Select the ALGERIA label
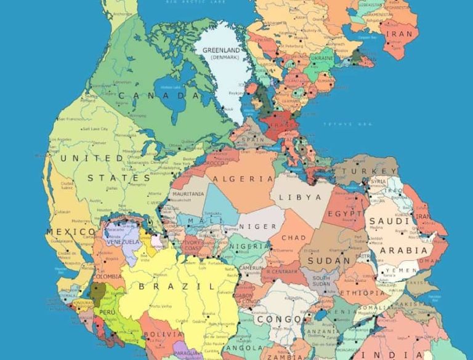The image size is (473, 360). pos(243,178)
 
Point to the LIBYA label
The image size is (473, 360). pos(301,198)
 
